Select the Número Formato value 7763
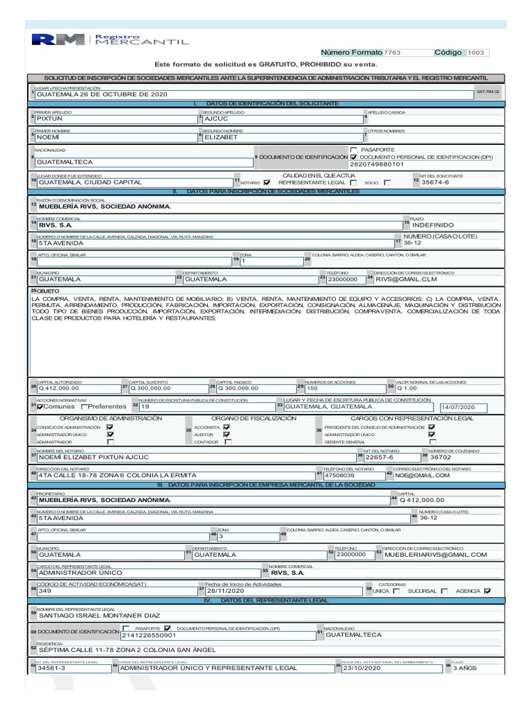click(392, 53)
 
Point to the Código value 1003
click(477, 53)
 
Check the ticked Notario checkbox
click(267, 182)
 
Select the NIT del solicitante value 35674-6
click(454, 182)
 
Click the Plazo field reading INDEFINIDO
click(433, 225)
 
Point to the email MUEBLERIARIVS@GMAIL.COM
click(436, 555)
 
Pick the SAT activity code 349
click(45, 591)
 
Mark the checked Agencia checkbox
click(487, 591)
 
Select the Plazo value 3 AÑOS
click(465, 668)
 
